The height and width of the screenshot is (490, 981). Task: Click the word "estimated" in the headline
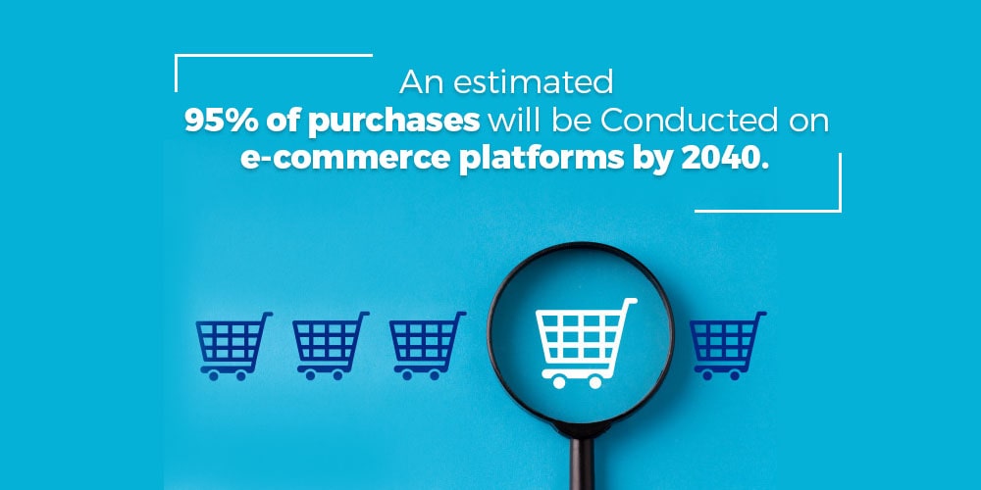(533, 83)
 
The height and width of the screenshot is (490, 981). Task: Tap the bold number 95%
(222, 122)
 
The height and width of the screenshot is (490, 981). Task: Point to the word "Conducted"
(690, 122)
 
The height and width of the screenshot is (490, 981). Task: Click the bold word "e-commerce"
(345, 159)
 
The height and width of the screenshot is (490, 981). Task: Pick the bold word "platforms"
(542, 161)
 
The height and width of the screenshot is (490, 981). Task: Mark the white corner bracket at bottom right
(839, 210)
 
